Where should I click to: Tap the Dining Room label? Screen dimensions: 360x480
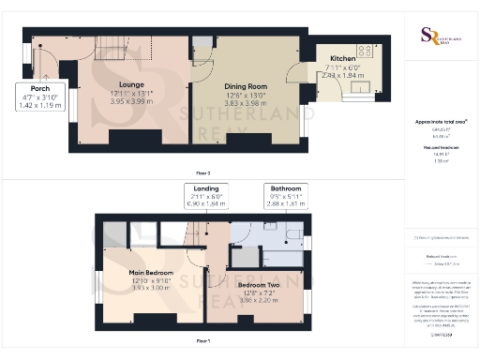[x=246, y=83]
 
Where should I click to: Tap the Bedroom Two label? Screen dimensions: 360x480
[x=260, y=283]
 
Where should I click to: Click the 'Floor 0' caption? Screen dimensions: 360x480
[x=202, y=173]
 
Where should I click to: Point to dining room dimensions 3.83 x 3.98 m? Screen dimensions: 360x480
[x=246, y=100]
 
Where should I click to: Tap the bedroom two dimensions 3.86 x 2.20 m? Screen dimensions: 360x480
[x=260, y=298]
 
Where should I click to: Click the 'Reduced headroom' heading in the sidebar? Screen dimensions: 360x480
[x=441, y=148]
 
